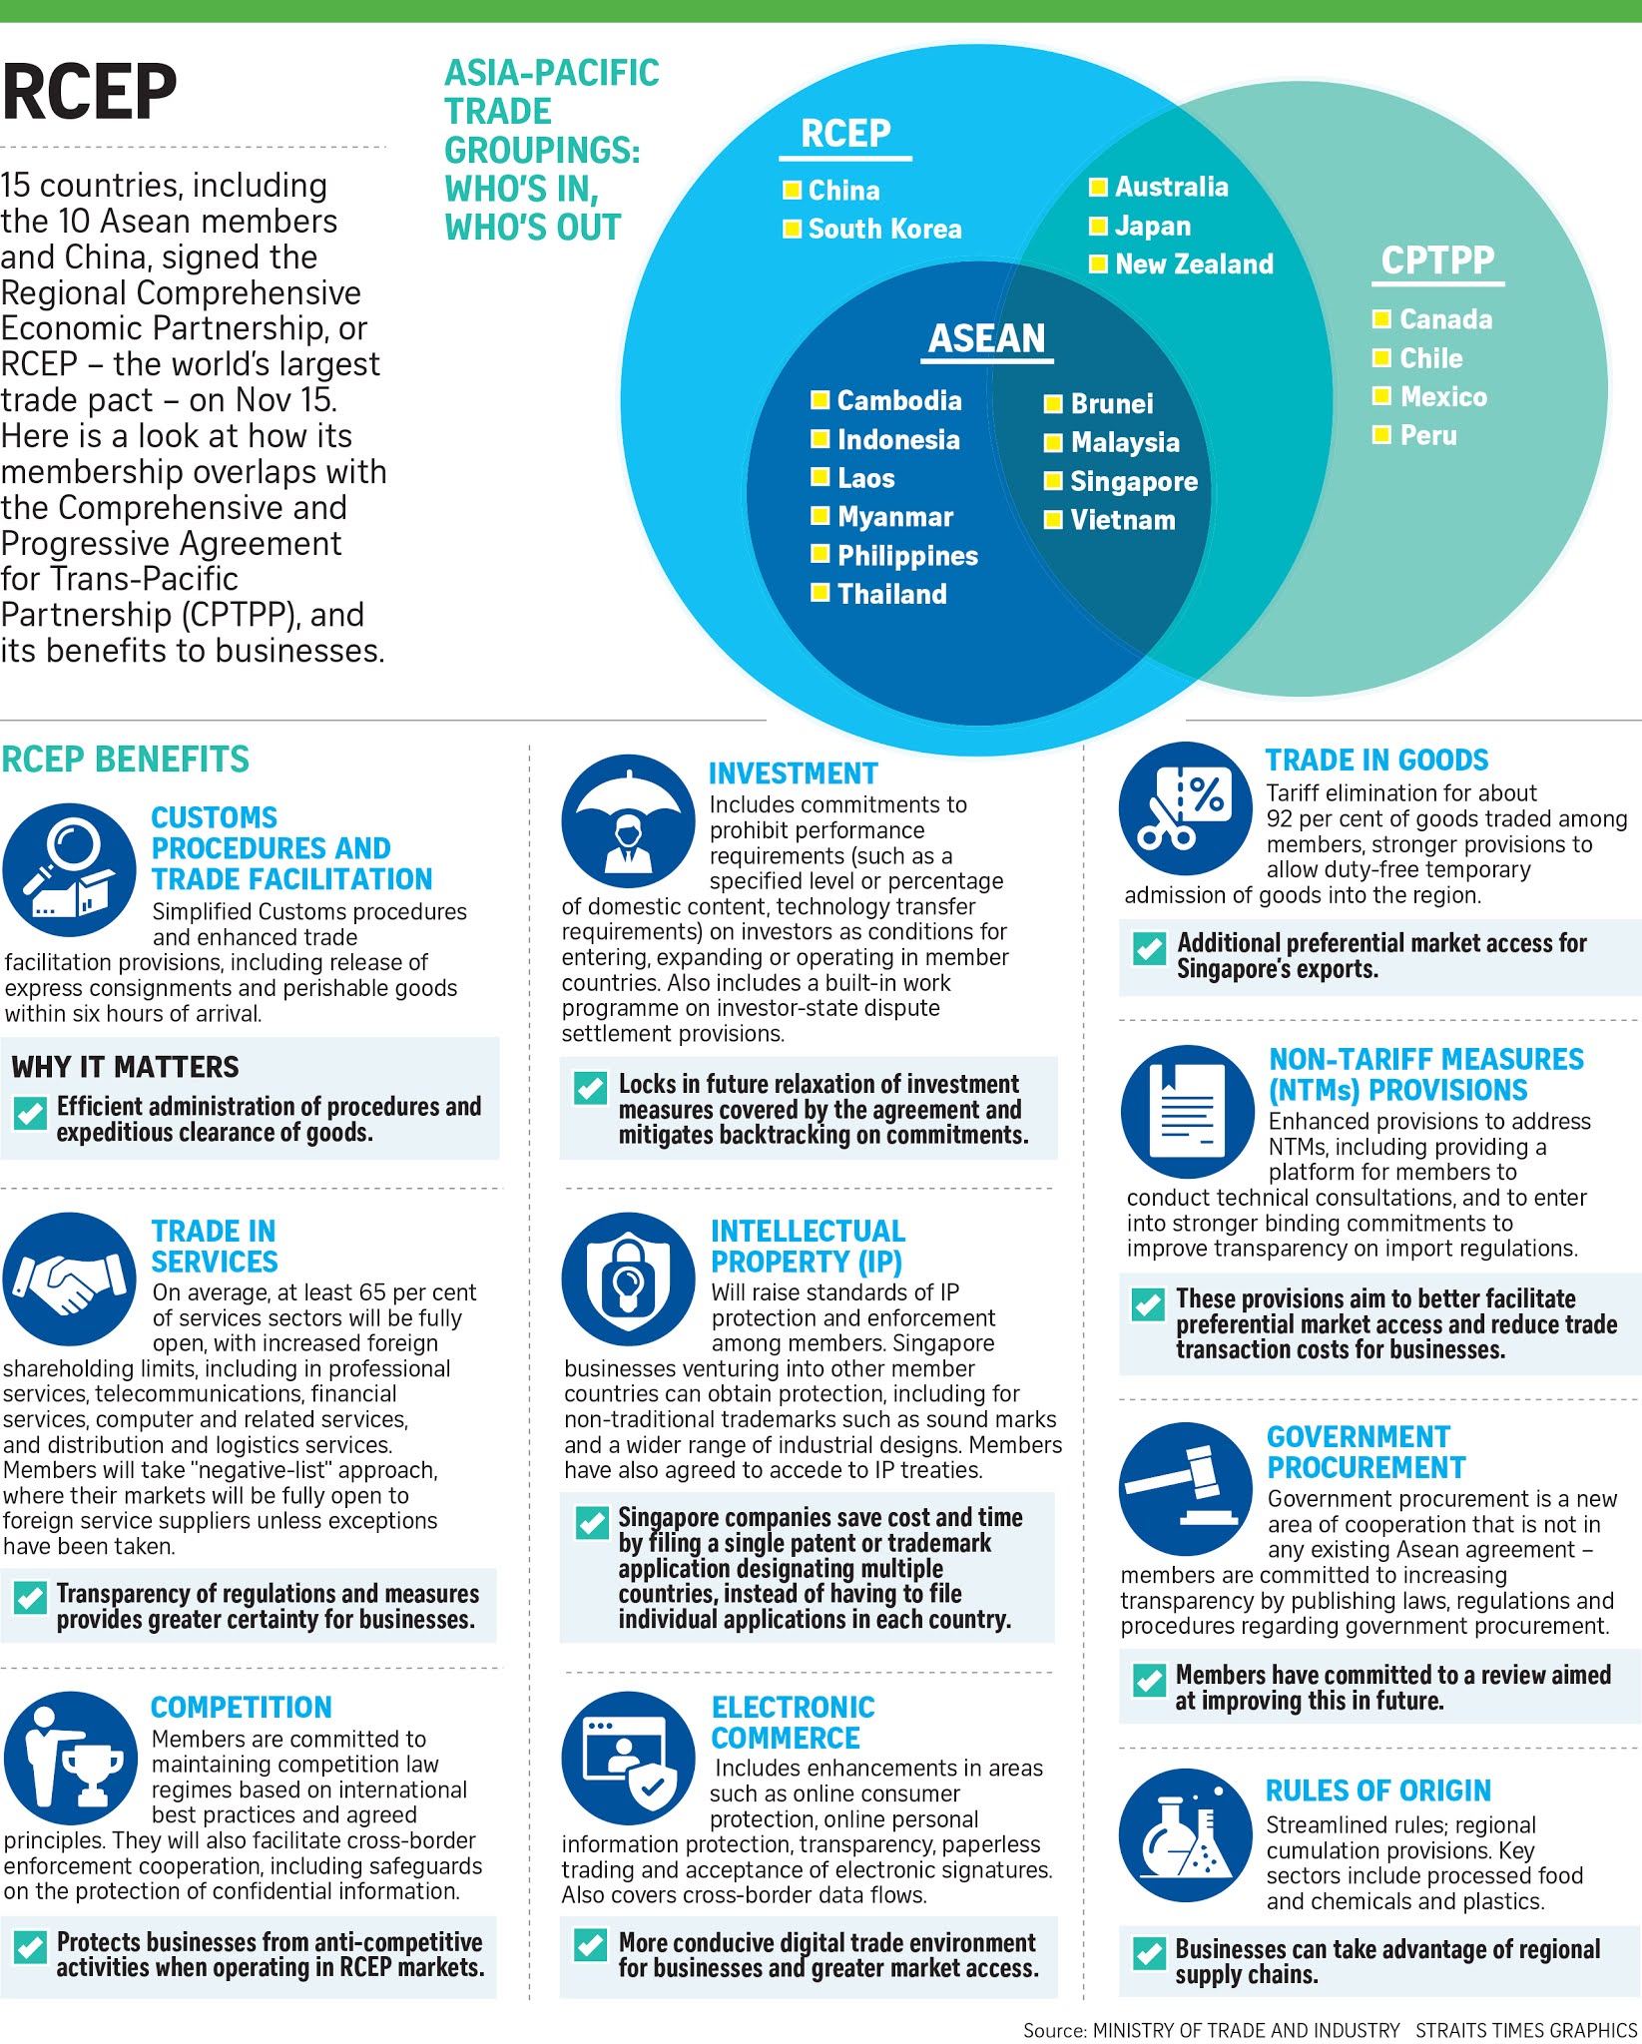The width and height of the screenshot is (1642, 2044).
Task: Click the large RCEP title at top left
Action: tap(90, 92)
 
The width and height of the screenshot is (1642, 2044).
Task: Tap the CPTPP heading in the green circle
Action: tap(1437, 260)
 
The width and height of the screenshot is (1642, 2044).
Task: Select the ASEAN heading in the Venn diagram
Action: tap(986, 338)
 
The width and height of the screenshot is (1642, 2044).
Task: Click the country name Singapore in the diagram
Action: tap(1134, 482)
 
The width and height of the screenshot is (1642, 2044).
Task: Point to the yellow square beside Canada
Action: tap(1382, 319)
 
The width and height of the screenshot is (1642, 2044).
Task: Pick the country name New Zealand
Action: tap(1194, 264)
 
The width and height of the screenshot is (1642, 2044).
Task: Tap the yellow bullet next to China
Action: tap(793, 190)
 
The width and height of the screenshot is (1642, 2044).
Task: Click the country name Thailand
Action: tap(891, 595)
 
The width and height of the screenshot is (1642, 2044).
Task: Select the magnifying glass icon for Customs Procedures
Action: tap(69, 869)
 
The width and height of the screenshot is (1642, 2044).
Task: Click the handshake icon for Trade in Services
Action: tap(69, 1278)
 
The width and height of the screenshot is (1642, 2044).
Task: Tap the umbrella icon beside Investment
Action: tap(628, 821)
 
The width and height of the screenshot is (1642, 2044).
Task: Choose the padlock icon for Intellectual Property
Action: tap(628, 1278)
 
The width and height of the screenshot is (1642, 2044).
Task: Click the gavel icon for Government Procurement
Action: tap(1185, 1488)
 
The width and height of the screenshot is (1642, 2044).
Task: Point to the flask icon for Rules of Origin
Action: tap(1185, 1835)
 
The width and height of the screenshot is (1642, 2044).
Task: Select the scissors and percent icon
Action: tap(1185, 808)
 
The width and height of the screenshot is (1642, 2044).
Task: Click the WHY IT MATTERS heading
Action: tap(126, 1067)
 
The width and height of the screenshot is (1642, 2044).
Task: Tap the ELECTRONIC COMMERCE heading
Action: tap(793, 1723)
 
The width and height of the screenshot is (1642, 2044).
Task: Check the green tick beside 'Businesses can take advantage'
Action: tap(1149, 1953)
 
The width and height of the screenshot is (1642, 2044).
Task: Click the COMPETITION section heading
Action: tap(242, 1708)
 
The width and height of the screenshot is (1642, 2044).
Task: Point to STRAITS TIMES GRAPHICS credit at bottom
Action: tap(1526, 2030)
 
